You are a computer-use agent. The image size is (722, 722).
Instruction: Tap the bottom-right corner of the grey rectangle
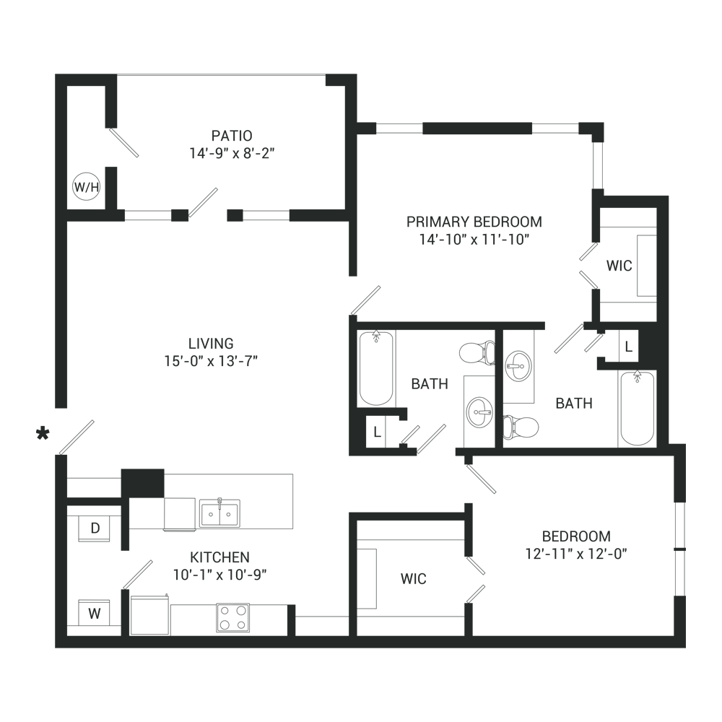pos(685,648)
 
